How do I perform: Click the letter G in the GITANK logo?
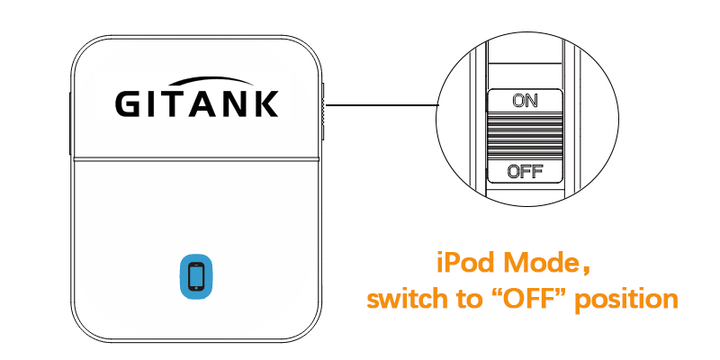pos(127,103)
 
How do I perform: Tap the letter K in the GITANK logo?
pos(266,103)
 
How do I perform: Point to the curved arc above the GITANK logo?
pos(211,80)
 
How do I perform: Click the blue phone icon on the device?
pos(196,276)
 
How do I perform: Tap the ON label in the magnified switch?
pos(525,101)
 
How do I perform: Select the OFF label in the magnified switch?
pos(525,171)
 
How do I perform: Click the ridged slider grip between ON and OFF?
pos(525,137)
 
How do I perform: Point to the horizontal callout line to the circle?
pos(381,105)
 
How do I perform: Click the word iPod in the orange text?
pos(466,263)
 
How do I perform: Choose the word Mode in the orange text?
pos(542,263)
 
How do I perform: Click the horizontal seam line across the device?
pos(196,159)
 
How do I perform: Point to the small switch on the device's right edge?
pos(323,112)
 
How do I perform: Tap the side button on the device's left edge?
pos(70,124)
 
